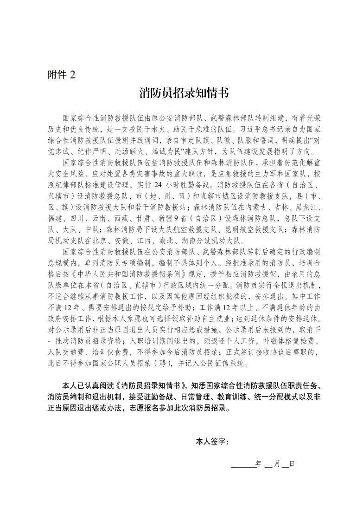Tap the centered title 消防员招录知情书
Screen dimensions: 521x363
click(x=184, y=93)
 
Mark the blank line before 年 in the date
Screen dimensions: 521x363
click(x=243, y=464)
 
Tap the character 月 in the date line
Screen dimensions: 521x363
click(x=276, y=464)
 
